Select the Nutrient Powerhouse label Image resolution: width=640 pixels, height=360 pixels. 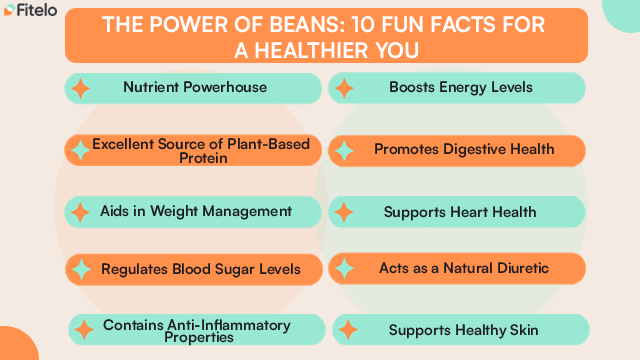click(195, 87)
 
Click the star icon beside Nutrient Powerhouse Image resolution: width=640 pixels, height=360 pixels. click(81, 88)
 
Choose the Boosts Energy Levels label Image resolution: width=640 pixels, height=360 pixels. click(461, 87)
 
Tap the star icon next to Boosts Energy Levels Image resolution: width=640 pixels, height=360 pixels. click(344, 88)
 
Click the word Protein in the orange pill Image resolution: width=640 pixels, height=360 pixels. click(200, 158)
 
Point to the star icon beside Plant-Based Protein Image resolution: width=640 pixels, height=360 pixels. click(79, 150)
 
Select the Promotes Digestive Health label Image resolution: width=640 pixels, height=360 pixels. click(464, 149)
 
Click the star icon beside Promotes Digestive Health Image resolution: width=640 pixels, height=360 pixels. click(344, 150)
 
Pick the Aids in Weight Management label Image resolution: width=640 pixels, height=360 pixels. click(196, 211)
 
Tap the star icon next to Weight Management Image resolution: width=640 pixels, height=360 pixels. click(80, 212)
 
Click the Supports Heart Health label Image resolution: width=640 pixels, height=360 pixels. click(460, 212)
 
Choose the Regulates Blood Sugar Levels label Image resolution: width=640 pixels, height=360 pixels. click(200, 268)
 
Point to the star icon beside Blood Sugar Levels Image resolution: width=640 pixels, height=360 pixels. click(79, 268)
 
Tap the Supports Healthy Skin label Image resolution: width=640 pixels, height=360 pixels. click(463, 329)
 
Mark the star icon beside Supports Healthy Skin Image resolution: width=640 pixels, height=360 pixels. click(346, 330)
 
